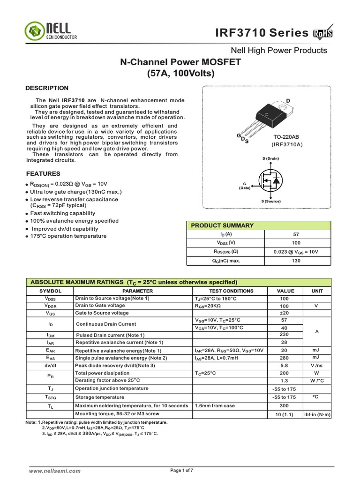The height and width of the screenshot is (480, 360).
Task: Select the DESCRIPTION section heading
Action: coord(47,88)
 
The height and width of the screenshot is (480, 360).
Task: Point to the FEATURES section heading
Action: coord(43,173)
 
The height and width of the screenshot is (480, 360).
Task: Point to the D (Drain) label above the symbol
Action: coord(270,159)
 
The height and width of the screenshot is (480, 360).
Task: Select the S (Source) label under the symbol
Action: coord(271,201)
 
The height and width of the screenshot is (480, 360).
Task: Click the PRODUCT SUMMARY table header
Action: coord(222,225)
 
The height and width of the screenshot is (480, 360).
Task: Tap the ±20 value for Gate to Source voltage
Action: coord(284,313)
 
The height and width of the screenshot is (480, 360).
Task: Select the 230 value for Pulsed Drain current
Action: coord(284,335)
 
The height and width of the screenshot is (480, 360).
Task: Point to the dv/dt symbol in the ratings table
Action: coord(50,365)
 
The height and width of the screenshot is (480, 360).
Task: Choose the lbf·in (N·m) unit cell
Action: coord(317,414)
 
